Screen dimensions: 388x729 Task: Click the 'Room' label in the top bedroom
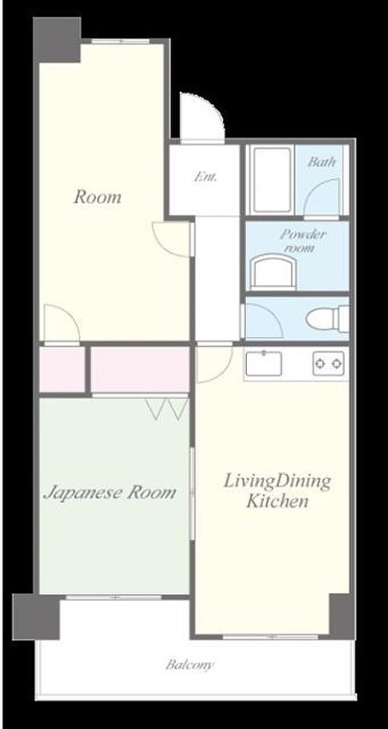97,197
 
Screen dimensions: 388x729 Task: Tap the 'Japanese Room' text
110,493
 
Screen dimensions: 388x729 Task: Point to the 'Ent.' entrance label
206,177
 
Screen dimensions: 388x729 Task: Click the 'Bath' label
321,162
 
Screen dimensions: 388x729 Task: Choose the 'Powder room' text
303,241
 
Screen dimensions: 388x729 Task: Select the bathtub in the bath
272,179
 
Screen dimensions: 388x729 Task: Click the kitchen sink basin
263,363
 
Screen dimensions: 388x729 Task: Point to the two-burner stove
328,363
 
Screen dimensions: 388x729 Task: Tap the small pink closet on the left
62,370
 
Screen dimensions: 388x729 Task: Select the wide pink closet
140,370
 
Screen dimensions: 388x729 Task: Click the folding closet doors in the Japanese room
167,408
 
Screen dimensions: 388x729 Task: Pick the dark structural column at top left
57,40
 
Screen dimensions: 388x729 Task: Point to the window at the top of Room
120,41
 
